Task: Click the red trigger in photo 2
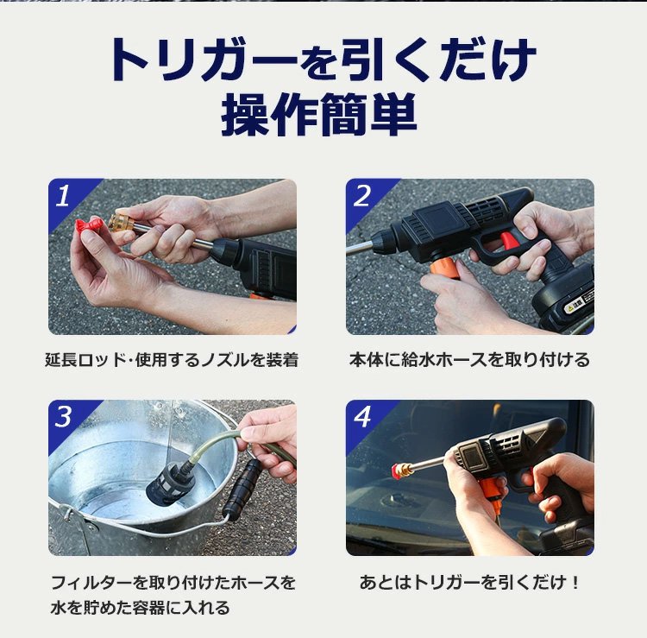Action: pyautogui.click(x=507, y=240)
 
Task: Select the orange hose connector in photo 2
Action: pyautogui.click(x=445, y=268)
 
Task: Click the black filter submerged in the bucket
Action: pyautogui.click(x=171, y=483)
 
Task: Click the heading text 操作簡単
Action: pyautogui.click(x=318, y=114)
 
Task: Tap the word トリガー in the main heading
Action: pyautogui.click(x=204, y=60)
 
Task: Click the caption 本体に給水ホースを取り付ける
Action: pyautogui.click(x=469, y=360)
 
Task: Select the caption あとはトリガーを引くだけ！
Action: pyautogui.click(x=469, y=582)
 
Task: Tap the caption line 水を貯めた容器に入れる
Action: pyautogui.click(x=141, y=608)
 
